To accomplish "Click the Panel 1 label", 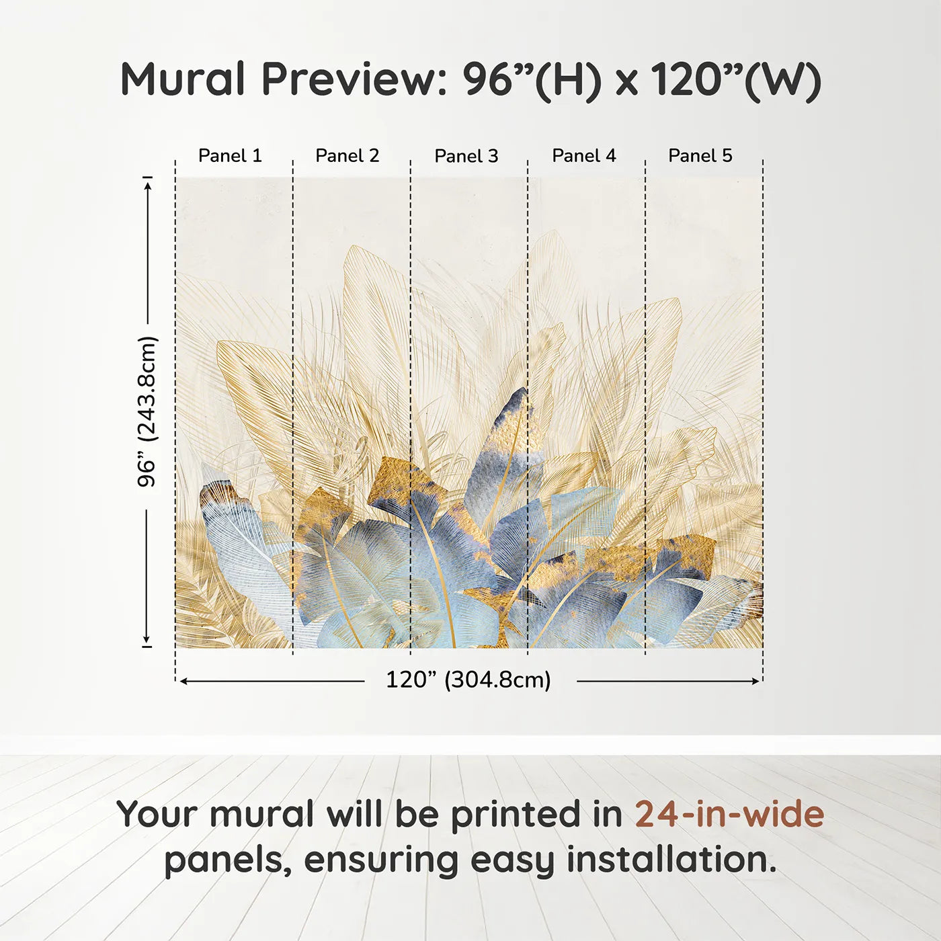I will (x=230, y=155).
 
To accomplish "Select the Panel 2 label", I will (x=347, y=155).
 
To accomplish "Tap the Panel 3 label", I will (x=466, y=156).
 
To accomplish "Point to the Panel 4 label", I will (x=584, y=155).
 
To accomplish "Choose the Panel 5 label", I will (x=700, y=155).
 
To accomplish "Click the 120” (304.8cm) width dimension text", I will (x=468, y=680).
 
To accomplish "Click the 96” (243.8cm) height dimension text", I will (x=147, y=411).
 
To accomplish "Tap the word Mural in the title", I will (x=182, y=79).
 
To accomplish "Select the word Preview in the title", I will (x=350, y=79).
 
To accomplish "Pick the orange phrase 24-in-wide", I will (x=729, y=814).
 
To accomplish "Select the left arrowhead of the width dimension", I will (x=183, y=681).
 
